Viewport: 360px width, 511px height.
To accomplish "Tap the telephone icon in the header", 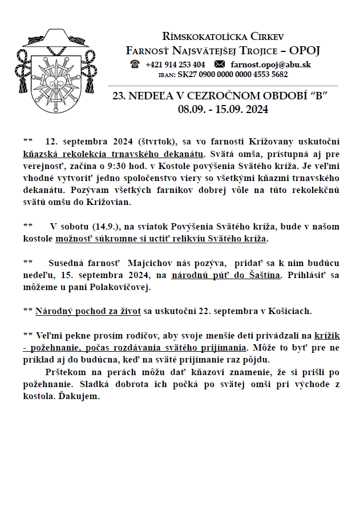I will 135,65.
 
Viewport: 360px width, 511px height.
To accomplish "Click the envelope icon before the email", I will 220,65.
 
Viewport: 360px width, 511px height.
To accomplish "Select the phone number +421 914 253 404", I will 175,65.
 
